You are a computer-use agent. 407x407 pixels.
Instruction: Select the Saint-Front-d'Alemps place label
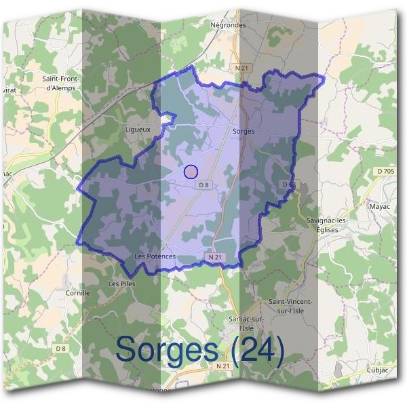62,83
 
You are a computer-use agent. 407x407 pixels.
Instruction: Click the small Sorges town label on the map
243,131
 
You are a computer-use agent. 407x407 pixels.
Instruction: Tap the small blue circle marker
191,172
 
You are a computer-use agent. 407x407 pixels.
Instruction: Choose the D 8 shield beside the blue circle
203,185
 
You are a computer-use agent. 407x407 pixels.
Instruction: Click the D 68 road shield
288,185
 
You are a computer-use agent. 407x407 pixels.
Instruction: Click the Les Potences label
155,256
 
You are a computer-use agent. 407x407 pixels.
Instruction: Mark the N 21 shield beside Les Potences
215,258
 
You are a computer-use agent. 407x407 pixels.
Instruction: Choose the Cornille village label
78,293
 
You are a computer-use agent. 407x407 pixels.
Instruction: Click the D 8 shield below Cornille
61,349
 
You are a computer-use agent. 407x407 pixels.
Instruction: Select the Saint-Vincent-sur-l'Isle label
293,306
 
